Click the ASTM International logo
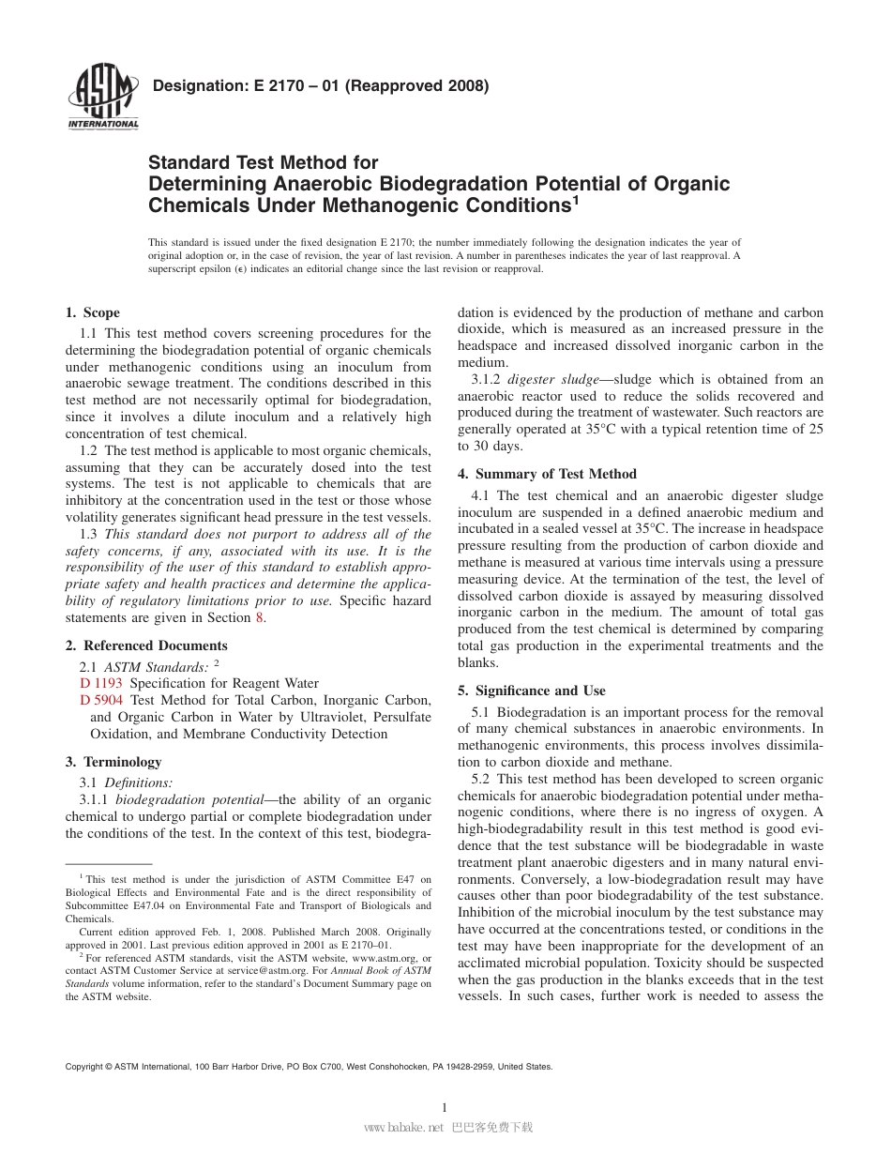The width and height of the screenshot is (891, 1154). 102,98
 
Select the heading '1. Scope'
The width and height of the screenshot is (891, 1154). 92,312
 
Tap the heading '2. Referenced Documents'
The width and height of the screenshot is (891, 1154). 146,645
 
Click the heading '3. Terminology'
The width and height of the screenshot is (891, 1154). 113,762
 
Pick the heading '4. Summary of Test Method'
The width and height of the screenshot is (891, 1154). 547,474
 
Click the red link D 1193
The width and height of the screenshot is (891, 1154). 101,683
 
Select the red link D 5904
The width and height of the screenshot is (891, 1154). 101,700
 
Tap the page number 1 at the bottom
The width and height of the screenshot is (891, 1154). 445,1107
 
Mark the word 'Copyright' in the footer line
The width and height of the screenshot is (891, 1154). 84,1067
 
